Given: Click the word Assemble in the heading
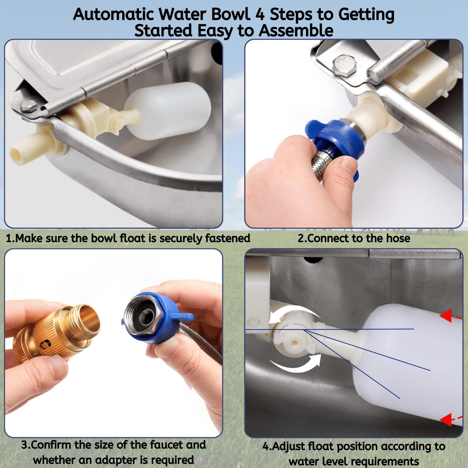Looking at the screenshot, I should tap(296, 31).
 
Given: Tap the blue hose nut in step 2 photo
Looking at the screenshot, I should tap(336, 137).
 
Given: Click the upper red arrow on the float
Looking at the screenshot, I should tap(449, 316).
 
